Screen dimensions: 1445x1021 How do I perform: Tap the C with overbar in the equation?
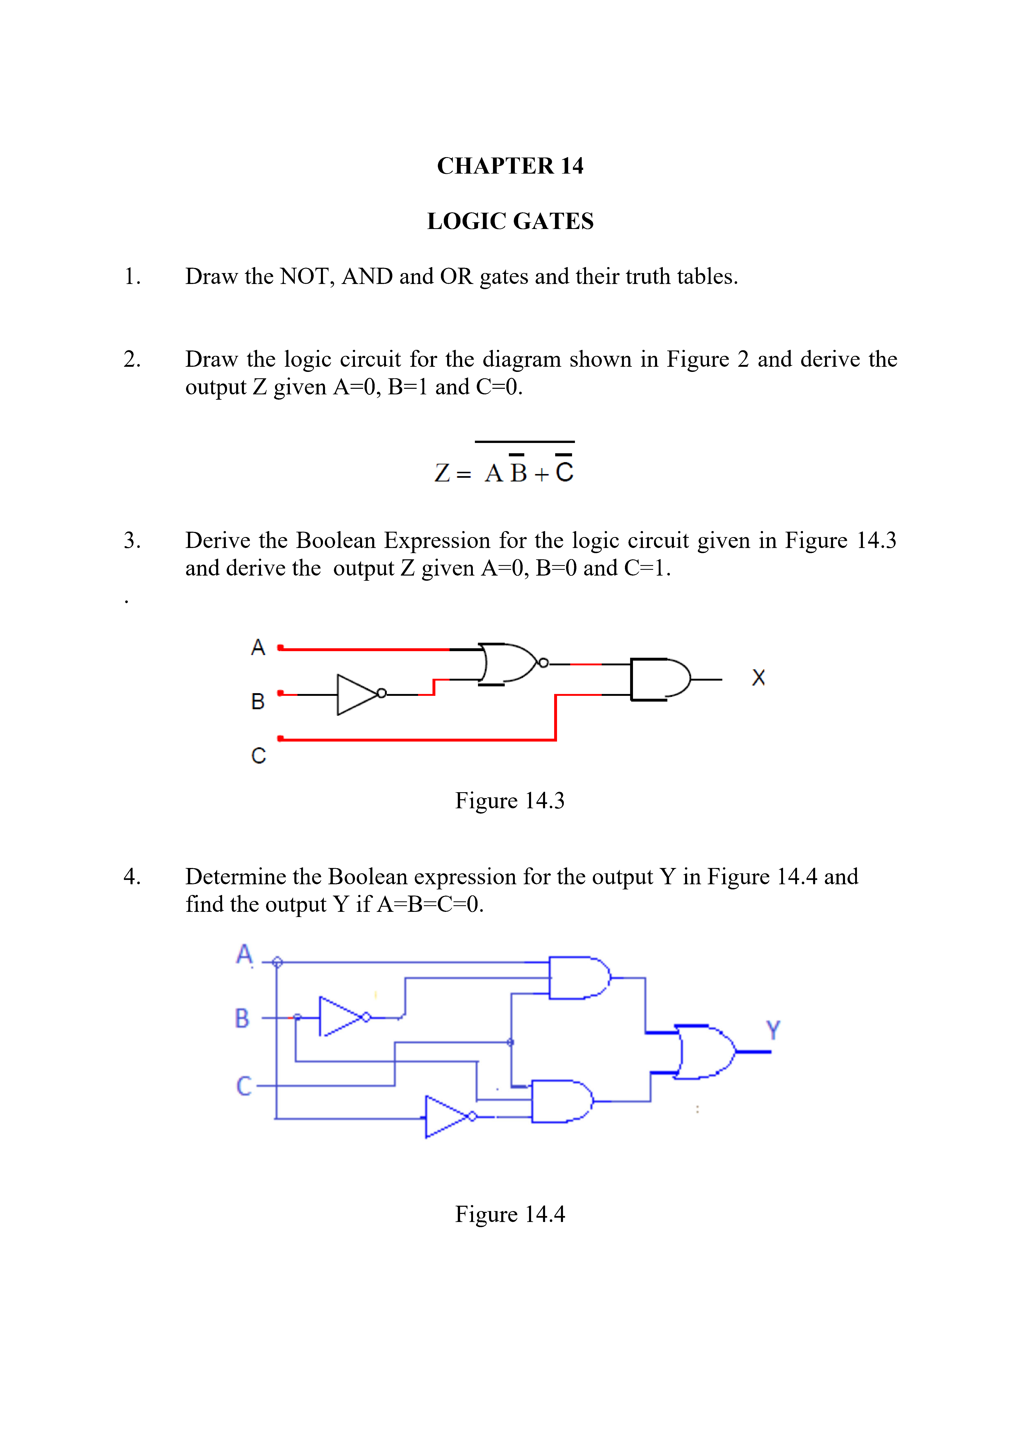[564, 471]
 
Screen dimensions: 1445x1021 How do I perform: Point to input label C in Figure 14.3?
[258, 755]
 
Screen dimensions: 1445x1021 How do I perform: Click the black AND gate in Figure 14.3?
[657, 679]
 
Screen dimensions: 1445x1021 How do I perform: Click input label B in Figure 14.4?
[242, 1018]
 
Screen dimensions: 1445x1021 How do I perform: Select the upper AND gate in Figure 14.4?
[577, 978]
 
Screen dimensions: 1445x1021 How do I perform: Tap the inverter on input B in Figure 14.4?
[340, 1016]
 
